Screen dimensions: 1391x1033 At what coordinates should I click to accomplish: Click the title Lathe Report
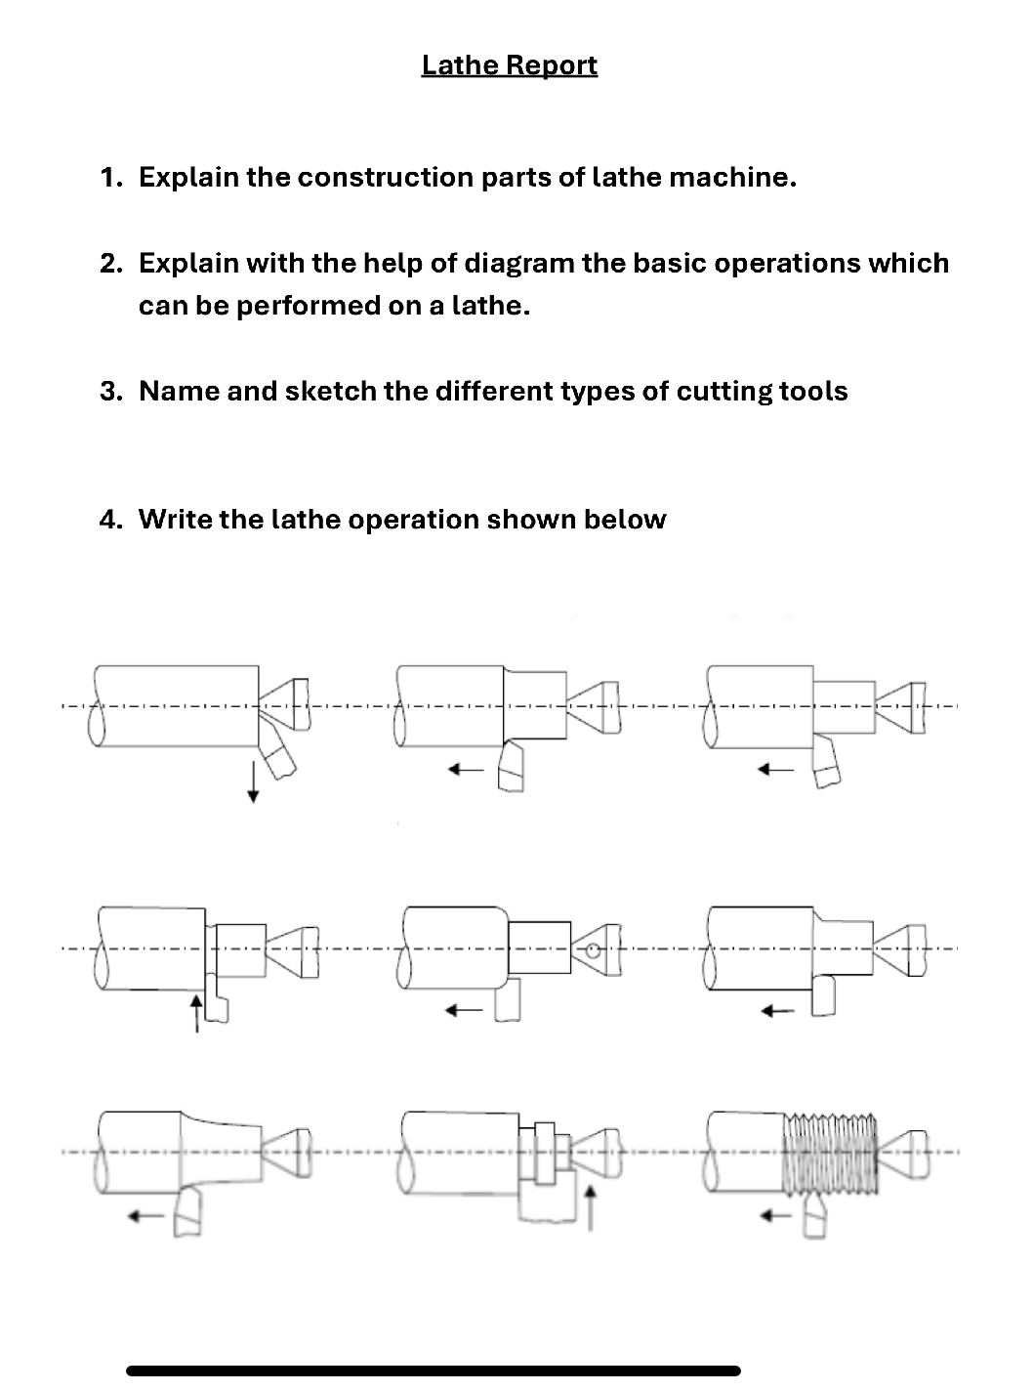(509, 65)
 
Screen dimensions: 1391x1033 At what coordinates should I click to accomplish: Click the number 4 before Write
(109, 520)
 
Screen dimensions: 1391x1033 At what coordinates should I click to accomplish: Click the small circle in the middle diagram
(592, 949)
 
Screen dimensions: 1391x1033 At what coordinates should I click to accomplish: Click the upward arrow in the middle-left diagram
(196, 1012)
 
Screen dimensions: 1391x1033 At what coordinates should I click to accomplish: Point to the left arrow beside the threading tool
(775, 1216)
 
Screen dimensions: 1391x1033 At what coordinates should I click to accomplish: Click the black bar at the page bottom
(434, 1370)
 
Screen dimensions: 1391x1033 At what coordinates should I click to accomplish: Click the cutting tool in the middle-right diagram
(823, 996)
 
